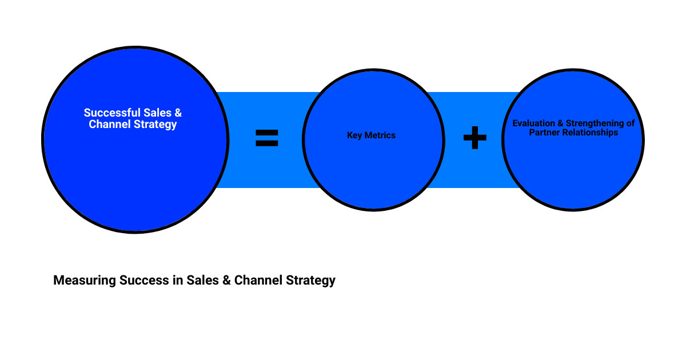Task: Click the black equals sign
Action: pos(266,138)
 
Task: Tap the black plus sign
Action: pos(474,138)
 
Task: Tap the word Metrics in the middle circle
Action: pos(380,135)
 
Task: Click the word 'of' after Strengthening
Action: pos(630,123)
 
